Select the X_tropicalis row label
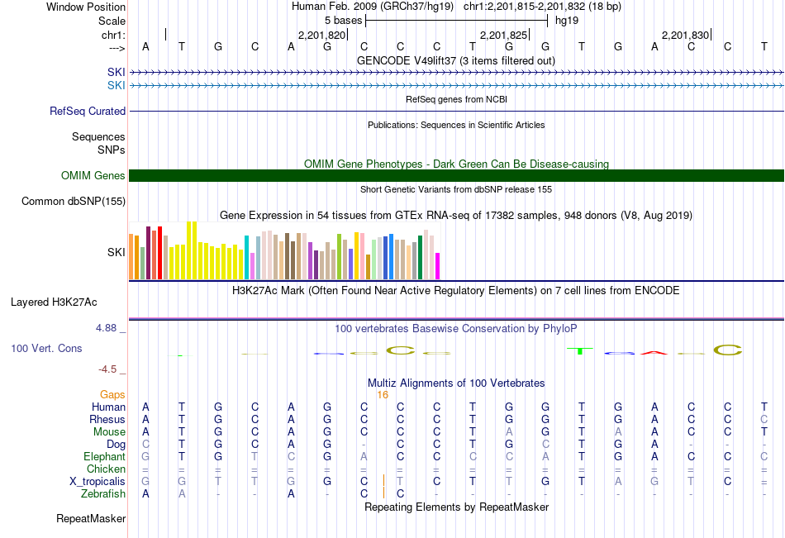click(98, 481)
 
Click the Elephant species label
click(104, 456)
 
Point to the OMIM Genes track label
click(93, 175)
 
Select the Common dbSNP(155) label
click(74, 201)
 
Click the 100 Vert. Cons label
click(46, 349)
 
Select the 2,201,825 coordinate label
click(503, 36)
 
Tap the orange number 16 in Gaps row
click(383, 395)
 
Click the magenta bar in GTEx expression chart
click(438, 266)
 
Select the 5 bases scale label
click(343, 20)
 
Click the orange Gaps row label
click(112, 395)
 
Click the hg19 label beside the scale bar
click(567, 20)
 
